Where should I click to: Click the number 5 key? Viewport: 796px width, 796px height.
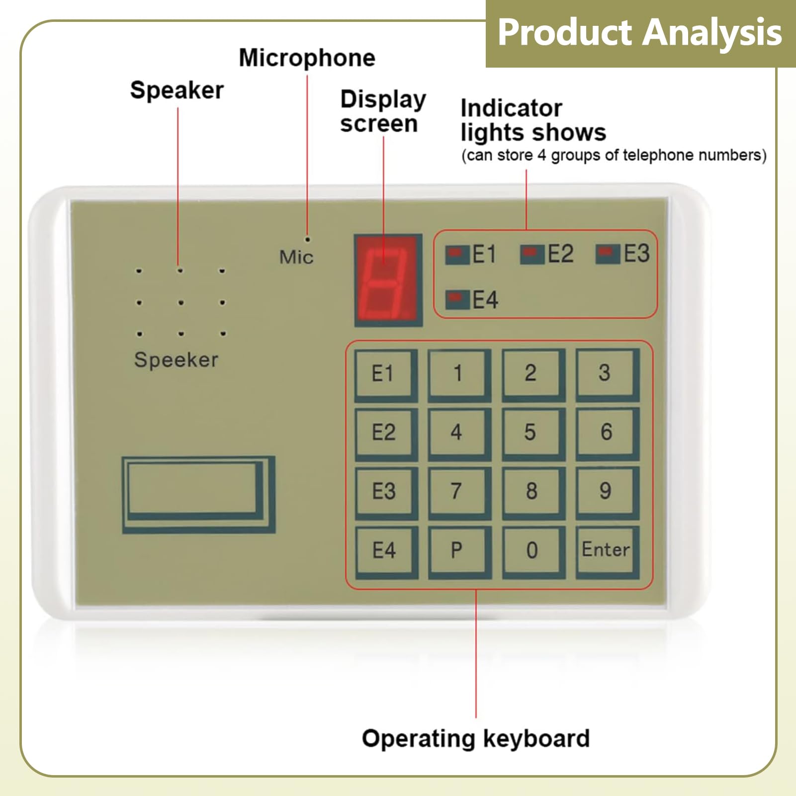click(531, 432)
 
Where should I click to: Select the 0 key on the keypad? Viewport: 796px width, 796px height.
click(531, 550)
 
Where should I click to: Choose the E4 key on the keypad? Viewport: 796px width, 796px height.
click(384, 550)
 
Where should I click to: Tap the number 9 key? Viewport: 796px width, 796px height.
click(605, 491)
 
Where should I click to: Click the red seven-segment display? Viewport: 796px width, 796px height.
click(387, 280)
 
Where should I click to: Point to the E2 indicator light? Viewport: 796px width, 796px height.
click(531, 254)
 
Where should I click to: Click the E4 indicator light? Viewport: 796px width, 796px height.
click(456, 299)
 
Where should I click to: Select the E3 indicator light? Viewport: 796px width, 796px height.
click(607, 253)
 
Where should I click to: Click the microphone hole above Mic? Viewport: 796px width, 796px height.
click(308, 240)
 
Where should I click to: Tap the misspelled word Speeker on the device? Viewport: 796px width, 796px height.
click(176, 360)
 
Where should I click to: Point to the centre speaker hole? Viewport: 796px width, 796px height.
click(180, 302)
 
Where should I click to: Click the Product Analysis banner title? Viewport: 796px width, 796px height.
click(639, 33)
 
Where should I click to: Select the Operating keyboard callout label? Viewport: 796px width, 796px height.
click(475, 738)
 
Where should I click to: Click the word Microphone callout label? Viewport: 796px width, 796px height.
click(307, 58)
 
